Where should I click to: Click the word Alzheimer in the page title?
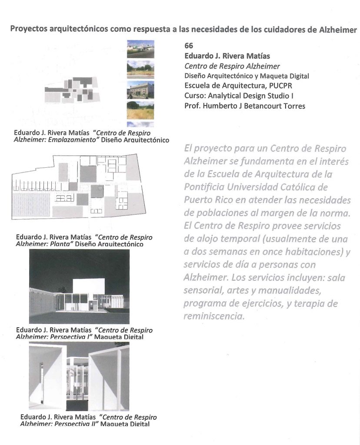pos(338,29)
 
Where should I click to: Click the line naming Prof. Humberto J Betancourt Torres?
pos(245,106)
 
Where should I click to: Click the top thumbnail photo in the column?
pos(140,49)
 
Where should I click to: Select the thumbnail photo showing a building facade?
pos(140,90)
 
